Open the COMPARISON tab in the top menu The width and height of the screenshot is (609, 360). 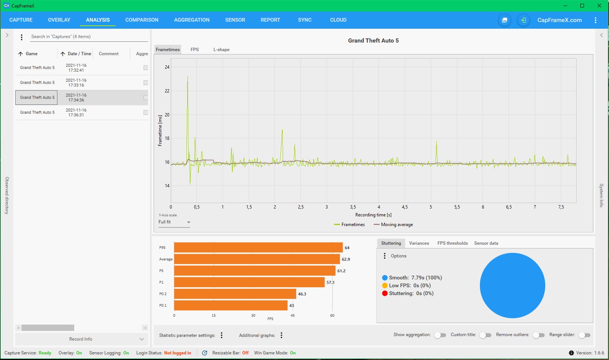[x=142, y=20]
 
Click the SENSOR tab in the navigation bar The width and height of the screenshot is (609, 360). [x=235, y=20]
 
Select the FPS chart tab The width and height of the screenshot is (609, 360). [x=194, y=50]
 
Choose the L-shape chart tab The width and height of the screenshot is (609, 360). [x=221, y=50]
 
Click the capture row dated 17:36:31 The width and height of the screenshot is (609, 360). [x=82, y=112]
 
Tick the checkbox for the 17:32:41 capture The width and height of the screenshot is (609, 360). [x=146, y=68]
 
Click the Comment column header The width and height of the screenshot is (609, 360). [x=109, y=54]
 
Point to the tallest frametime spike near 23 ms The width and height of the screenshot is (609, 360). [x=188, y=77]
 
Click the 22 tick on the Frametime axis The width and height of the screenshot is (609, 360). [x=167, y=91]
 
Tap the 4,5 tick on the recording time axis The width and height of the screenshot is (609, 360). [x=405, y=207]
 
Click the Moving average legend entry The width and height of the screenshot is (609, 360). [x=393, y=225]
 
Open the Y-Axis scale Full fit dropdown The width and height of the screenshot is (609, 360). [x=174, y=222]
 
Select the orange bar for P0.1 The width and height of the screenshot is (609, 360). [x=230, y=306]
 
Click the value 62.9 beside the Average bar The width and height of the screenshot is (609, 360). [x=346, y=259]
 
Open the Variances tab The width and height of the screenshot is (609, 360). [x=419, y=243]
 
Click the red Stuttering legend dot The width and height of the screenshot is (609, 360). [x=384, y=293]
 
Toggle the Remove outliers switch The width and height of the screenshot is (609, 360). [x=538, y=335]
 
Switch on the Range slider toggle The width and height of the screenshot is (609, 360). [x=584, y=335]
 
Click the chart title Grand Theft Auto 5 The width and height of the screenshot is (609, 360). [x=373, y=41]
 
